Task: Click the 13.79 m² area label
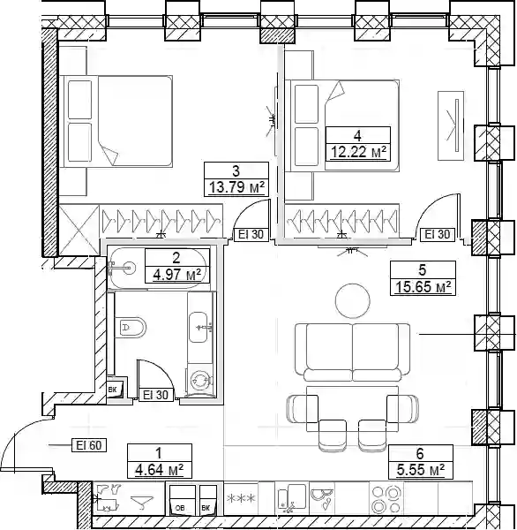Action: pyautogui.click(x=236, y=186)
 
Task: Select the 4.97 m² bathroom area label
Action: pyautogui.click(x=177, y=275)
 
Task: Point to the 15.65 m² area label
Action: pyautogui.click(x=423, y=287)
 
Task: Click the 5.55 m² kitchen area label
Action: pyautogui.click(x=421, y=470)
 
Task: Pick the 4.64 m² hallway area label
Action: pyautogui.click(x=159, y=470)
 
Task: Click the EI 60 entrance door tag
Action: pyautogui.click(x=89, y=445)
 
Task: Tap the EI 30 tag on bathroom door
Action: pyautogui.click(x=155, y=395)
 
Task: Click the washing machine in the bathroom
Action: pyautogui.click(x=200, y=381)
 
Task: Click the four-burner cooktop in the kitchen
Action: pyautogui.click(x=386, y=499)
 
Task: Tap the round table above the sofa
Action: pyautogui.click(x=353, y=300)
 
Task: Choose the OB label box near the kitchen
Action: pyautogui.click(x=181, y=508)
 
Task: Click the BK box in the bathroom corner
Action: pyautogui.click(x=112, y=390)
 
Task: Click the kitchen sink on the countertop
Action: pyautogui.click(x=288, y=499)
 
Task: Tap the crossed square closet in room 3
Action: pyautogui.click(x=79, y=230)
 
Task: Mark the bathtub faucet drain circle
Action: pyautogui.click(x=128, y=268)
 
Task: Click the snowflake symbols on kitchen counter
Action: pyautogui.click(x=241, y=498)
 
